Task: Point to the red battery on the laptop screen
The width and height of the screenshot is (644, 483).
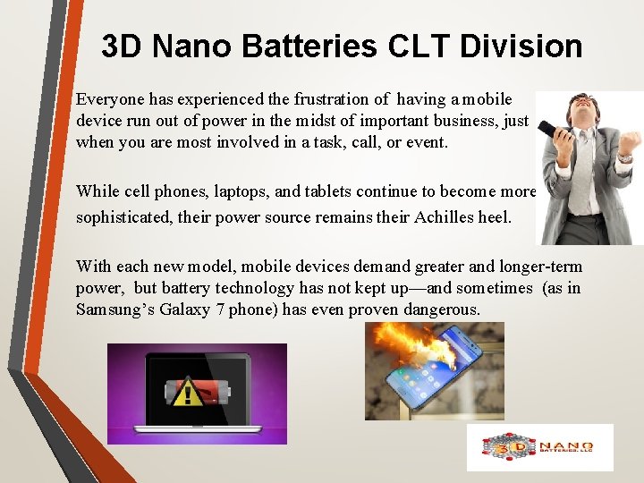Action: pyautogui.click(x=209, y=391)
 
